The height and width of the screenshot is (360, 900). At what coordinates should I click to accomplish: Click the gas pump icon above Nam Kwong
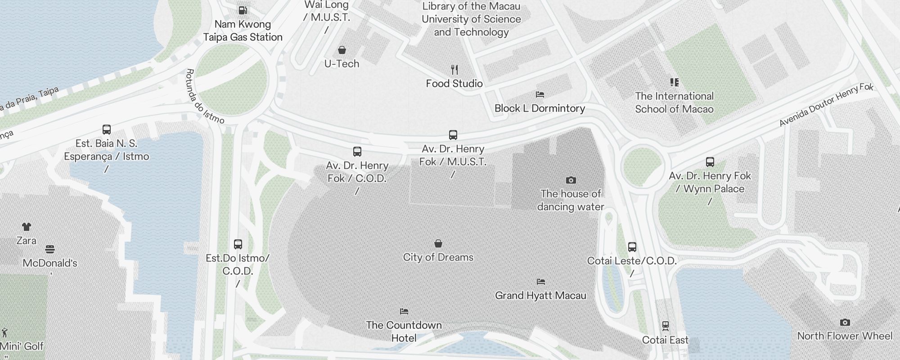(243, 10)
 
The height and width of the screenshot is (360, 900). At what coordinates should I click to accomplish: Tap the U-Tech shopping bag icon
(342, 49)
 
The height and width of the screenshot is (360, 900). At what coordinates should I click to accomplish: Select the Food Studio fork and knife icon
(454, 70)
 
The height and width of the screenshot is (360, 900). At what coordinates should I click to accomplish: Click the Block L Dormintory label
(540, 108)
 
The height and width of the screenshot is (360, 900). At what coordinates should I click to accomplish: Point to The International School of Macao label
(674, 103)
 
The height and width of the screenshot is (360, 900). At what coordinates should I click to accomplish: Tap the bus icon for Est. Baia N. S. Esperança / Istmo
(107, 130)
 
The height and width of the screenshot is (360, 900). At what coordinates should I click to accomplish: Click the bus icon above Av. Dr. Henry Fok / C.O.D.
(357, 152)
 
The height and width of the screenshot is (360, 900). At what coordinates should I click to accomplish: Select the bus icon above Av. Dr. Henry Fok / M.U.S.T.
(453, 135)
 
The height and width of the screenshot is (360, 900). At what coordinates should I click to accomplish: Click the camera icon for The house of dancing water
(571, 180)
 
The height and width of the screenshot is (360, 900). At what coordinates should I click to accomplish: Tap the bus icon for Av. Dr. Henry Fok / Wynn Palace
(710, 162)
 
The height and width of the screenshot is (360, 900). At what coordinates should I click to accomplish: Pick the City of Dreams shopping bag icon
(438, 243)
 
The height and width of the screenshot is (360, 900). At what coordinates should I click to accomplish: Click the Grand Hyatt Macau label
(540, 296)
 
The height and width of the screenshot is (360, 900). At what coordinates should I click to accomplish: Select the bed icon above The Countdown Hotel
(404, 311)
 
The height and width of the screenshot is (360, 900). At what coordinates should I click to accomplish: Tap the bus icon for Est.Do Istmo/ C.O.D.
(238, 244)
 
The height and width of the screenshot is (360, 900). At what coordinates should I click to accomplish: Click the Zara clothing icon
(27, 227)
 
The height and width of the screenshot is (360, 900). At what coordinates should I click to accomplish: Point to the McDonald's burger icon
(50, 249)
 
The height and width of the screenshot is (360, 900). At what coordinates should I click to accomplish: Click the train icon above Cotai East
(666, 326)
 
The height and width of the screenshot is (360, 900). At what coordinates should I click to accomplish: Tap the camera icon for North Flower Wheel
(845, 322)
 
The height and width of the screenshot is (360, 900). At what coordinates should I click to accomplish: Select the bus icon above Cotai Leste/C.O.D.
(632, 247)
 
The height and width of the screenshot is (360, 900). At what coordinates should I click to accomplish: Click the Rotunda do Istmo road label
(205, 96)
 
